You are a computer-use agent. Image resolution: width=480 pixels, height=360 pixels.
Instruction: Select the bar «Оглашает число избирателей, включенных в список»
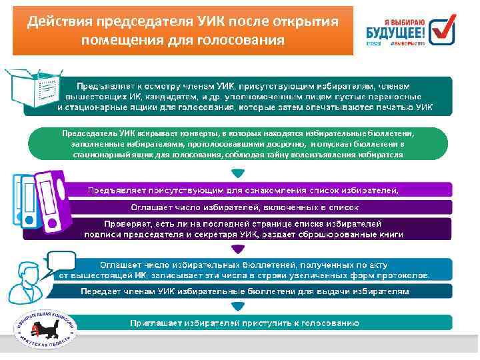244,207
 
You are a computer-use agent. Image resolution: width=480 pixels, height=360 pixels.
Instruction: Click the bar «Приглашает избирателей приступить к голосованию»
244,323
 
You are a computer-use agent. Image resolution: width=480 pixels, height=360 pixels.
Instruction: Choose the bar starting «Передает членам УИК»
244,291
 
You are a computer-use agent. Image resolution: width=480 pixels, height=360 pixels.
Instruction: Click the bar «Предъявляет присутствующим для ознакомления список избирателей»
244,190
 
